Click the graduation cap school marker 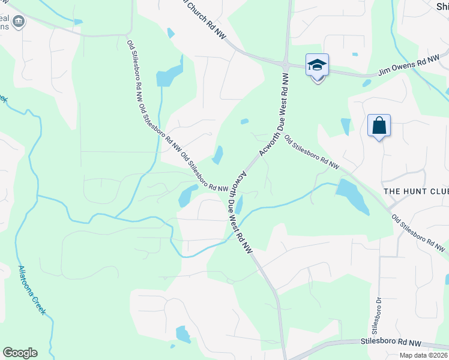coord(317,65)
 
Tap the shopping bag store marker coord(379,126)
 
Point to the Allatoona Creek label coord(31,290)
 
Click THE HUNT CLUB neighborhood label coord(416,191)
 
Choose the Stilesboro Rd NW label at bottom coord(391,342)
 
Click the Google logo coord(20,353)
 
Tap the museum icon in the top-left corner coord(19,22)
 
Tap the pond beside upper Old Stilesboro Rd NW coord(169,74)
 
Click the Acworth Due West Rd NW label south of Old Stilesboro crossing coord(239,211)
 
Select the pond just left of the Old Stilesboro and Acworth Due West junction coord(188,195)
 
